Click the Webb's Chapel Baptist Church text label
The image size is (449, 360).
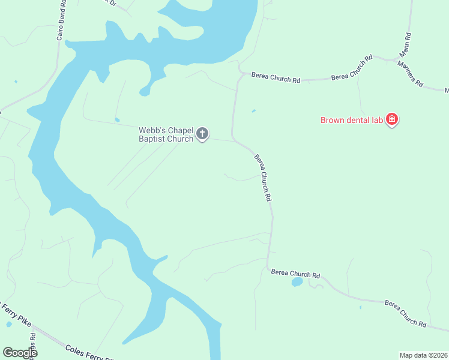pos(166,134)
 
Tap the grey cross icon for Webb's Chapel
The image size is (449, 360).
pos(203,134)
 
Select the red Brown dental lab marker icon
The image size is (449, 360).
pos(392,119)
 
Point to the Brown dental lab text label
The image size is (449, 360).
pos(352,120)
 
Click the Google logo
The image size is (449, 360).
pos(19,353)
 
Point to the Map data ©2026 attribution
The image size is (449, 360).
pos(423,355)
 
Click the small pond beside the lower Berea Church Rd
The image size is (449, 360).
pos(297,281)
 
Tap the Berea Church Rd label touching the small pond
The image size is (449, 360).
pos(295,274)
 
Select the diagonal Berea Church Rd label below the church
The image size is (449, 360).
pos(264,178)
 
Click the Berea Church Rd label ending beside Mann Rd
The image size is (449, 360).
pos(352,68)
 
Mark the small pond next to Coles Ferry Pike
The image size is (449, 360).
pos(8,325)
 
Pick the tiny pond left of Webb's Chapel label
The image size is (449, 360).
pos(116,119)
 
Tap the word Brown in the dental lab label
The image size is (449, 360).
pos(333,120)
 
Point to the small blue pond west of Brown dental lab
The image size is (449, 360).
pos(253,111)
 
